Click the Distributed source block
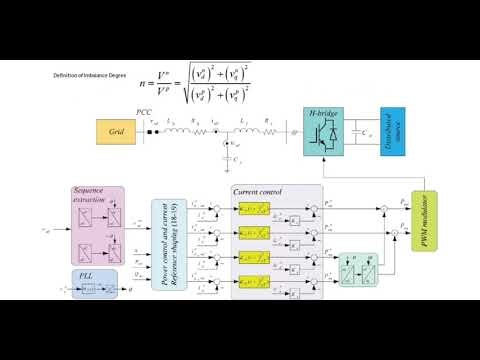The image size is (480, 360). click(x=391, y=130)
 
